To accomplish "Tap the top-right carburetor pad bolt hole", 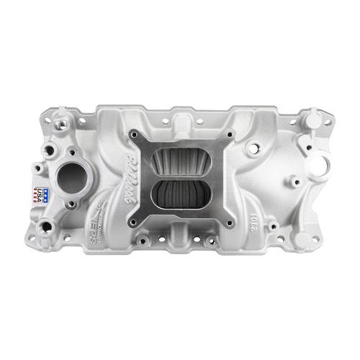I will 230,135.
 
